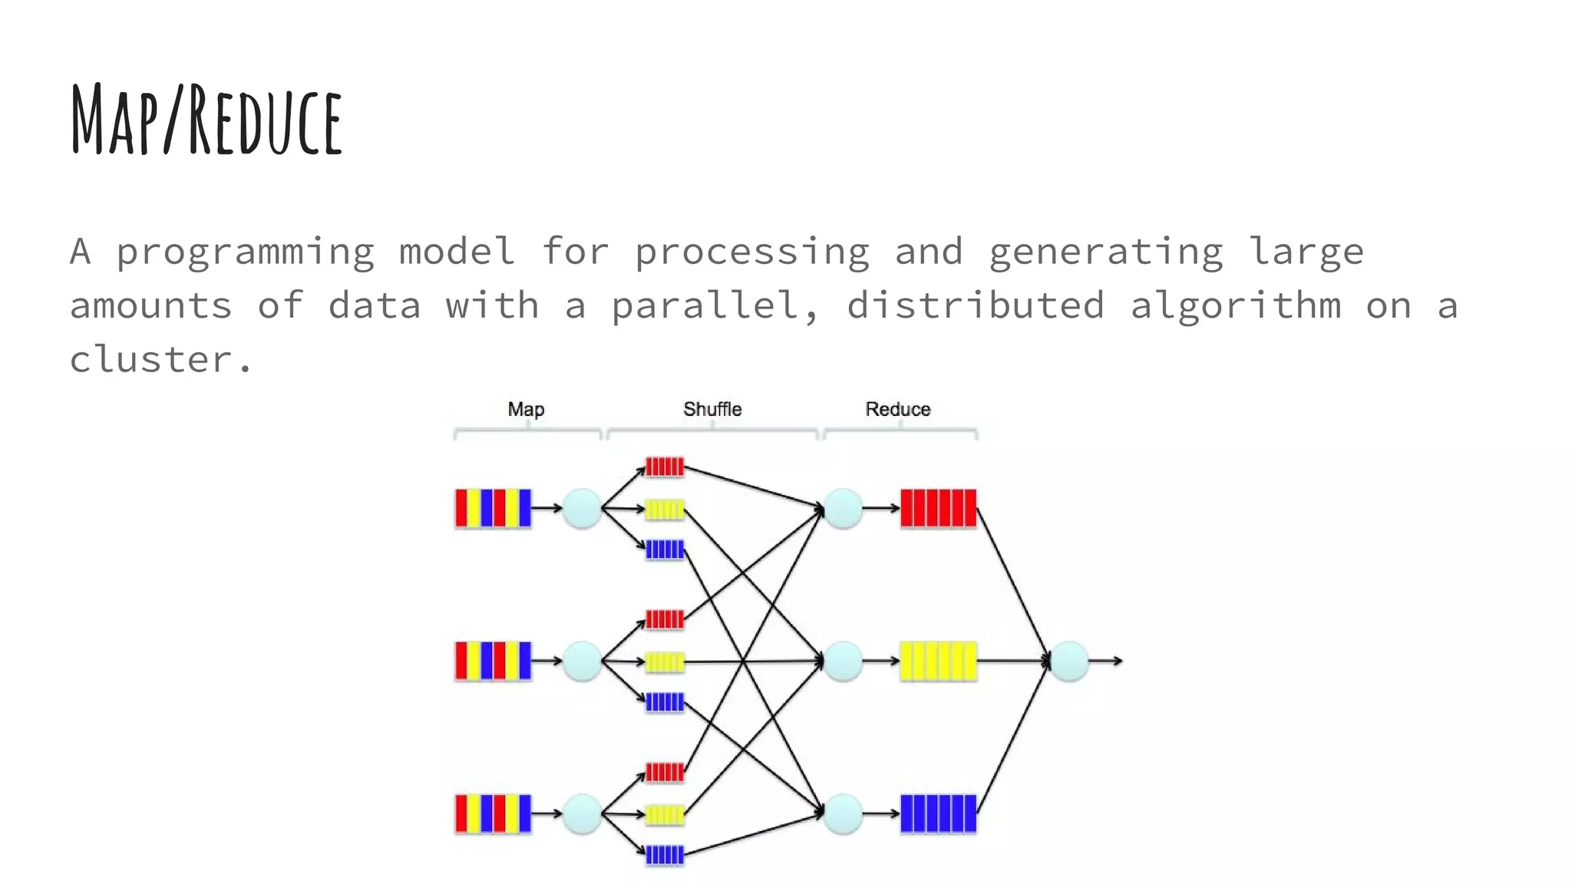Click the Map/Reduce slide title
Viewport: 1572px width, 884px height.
tap(206, 120)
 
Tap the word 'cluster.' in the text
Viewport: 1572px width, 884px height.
tap(160, 360)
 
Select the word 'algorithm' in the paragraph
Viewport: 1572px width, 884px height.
tap(1235, 305)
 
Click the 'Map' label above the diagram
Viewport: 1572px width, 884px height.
tap(526, 409)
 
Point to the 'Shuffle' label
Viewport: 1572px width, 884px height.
tap(712, 409)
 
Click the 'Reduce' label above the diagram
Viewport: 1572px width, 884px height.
tap(897, 409)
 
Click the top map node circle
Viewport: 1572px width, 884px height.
tap(582, 508)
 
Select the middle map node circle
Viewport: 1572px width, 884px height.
tap(582, 661)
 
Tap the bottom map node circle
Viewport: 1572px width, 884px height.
tap(582, 813)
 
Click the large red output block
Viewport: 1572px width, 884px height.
tap(938, 508)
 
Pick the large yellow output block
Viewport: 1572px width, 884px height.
tap(938, 661)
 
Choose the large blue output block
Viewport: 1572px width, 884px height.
tap(938, 813)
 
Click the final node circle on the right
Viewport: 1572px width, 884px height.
tap(1068, 661)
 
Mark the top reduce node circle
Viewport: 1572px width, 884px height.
tap(843, 508)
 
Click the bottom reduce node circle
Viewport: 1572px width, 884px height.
tap(843, 813)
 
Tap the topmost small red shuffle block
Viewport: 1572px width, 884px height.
tap(664, 467)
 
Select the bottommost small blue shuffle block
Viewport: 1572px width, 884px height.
tap(664, 855)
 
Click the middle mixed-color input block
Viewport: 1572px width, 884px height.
tap(493, 661)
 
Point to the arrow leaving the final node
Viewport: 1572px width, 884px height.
tap(1106, 661)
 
